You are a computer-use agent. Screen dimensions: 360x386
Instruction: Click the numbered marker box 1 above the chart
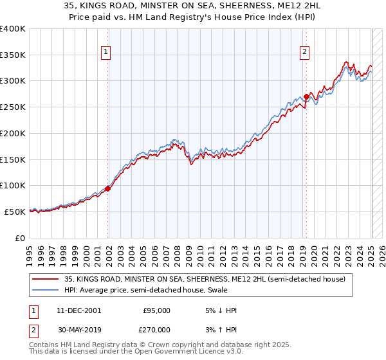tap(105, 53)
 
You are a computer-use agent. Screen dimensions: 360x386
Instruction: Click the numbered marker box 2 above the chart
tap(304, 53)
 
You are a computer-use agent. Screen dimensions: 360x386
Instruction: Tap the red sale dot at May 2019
tap(306, 96)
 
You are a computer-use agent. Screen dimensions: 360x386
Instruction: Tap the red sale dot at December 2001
tap(108, 188)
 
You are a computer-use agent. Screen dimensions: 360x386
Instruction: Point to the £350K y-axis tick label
tap(13, 55)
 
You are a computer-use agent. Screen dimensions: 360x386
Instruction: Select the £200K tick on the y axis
tap(13, 133)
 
